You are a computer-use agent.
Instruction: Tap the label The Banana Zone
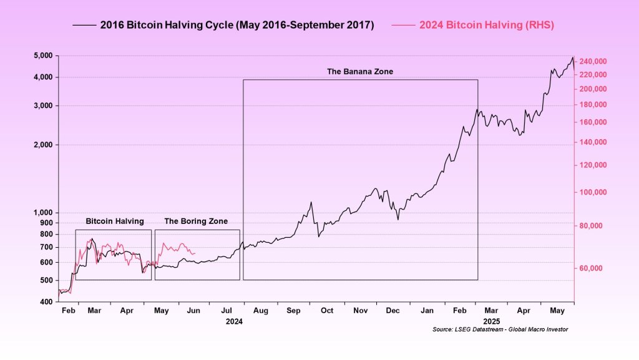tap(360, 72)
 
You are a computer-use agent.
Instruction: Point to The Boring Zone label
tap(196, 221)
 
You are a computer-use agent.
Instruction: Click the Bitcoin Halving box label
tap(115, 221)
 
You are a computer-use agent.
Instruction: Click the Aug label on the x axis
tap(261, 310)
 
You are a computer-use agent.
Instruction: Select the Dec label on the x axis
tap(393, 310)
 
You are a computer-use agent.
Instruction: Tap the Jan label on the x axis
tap(427, 310)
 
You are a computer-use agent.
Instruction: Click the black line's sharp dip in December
tap(398, 219)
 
